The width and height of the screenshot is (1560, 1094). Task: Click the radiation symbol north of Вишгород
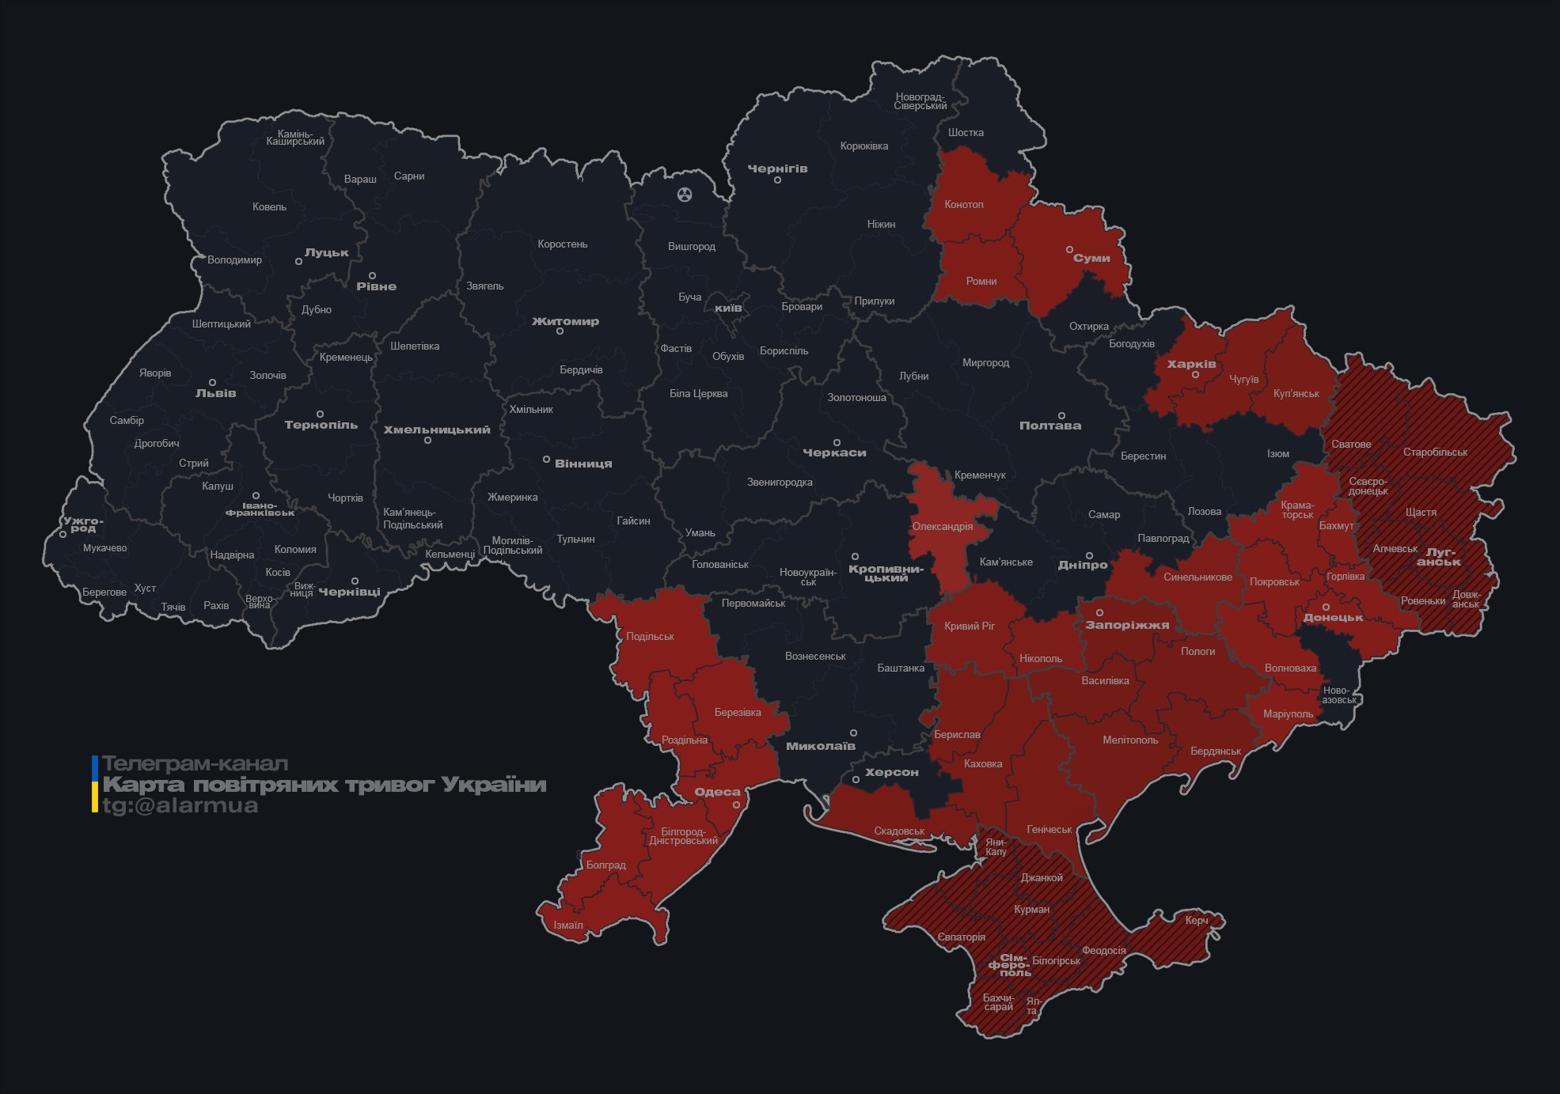tap(685, 194)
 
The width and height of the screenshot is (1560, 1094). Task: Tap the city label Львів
tap(215, 393)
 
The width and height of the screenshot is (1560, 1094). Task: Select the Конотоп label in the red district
tap(963, 205)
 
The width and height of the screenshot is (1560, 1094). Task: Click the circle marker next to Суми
tap(1069, 249)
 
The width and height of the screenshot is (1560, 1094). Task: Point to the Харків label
tap(1191, 365)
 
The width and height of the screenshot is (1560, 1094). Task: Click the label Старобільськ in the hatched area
tap(1435, 452)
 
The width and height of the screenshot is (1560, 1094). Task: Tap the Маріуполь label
tap(1288, 714)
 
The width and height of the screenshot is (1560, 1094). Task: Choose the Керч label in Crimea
tap(1197, 921)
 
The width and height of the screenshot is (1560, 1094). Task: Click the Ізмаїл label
tap(568, 926)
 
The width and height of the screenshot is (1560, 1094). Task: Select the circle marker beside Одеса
tap(736, 804)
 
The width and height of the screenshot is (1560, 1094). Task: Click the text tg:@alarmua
tap(180, 806)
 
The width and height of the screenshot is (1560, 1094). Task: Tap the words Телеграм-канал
tap(195, 764)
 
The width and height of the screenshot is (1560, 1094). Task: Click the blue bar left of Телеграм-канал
tap(95, 767)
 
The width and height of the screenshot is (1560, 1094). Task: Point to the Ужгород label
tap(83, 524)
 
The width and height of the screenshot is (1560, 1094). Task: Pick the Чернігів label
tap(777, 168)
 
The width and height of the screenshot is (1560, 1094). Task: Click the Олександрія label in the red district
tap(942, 527)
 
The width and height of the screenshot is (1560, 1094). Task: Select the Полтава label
tap(1049, 426)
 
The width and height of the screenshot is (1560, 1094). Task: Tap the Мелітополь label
tap(1130, 740)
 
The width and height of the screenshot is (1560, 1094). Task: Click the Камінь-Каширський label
tap(295, 138)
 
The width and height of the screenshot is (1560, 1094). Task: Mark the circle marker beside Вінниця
tap(546, 460)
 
